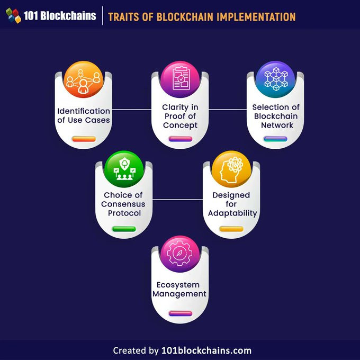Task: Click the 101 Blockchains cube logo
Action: tap(13, 15)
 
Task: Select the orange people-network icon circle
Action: tap(83, 79)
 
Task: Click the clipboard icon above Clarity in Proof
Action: tap(181, 78)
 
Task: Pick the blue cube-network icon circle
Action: tap(275, 79)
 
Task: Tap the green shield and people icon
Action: tap(124, 169)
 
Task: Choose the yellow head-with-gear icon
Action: tap(231, 169)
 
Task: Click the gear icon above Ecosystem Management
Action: tap(179, 254)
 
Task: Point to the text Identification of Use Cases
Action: tap(84, 115)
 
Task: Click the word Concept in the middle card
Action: tap(180, 125)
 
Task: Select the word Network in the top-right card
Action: tap(277, 125)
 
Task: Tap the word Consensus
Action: tap(123, 204)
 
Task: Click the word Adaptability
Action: tap(232, 213)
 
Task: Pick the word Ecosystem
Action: tap(178, 285)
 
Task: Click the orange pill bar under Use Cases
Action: tap(84, 139)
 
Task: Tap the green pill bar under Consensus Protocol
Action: tap(124, 229)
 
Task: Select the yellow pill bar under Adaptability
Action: tap(231, 229)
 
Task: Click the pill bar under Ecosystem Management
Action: tap(180, 313)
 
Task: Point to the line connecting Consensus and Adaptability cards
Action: tap(178, 200)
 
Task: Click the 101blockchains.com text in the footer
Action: tap(206, 350)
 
